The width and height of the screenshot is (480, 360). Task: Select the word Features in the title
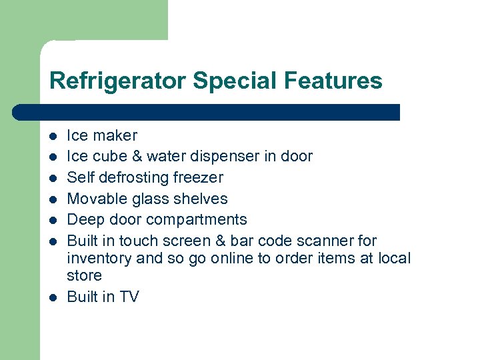pos(333,81)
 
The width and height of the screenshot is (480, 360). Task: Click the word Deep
pos(84,220)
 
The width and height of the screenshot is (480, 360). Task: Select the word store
pos(85,275)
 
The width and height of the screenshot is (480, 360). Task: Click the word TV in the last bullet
pos(129,297)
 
